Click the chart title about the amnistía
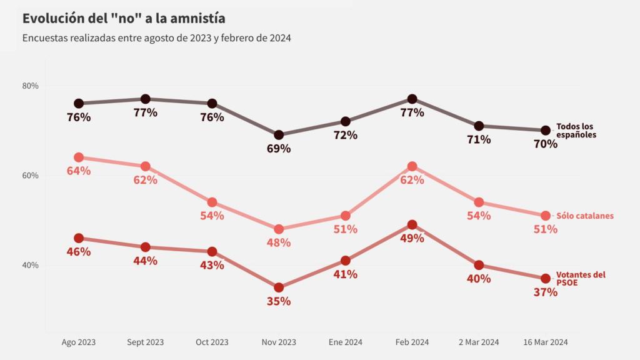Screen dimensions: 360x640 pos(124,18)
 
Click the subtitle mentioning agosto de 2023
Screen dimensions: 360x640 pos(157,38)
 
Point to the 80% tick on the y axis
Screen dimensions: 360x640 pos(31,86)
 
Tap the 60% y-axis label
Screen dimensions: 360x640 pos(31,176)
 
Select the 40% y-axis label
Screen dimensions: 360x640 pos(31,265)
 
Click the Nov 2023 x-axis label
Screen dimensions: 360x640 pos(279,342)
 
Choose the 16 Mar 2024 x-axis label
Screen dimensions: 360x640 pos(545,342)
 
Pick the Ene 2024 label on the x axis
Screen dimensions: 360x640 pos(345,342)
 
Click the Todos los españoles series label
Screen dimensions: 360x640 pos(576,131)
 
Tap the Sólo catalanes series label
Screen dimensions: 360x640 pos(585,216)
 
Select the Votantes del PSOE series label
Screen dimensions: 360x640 pos(581,278)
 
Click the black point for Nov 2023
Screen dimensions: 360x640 pos(279,135)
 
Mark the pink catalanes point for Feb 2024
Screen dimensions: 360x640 pos(412,166)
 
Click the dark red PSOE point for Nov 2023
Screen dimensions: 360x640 pos(279,287)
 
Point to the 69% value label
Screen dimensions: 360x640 pos(279,149)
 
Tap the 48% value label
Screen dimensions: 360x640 pos(279,242)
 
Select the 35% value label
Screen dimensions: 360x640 pos(279,301)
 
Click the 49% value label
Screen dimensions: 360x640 pos(412,238)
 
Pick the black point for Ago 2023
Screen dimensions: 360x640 pos(79,103)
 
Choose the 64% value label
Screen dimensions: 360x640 pos(79,171)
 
